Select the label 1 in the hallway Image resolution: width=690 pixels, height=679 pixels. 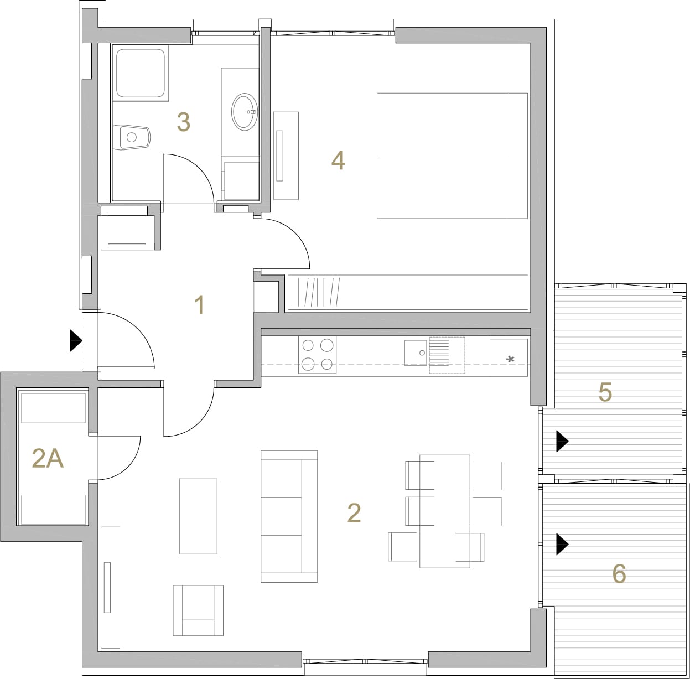200,305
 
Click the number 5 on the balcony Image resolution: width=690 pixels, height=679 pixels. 605,392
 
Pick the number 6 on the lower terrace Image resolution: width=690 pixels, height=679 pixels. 619,574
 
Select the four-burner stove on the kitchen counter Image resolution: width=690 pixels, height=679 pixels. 317,355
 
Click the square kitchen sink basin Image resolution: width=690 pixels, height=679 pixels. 416,353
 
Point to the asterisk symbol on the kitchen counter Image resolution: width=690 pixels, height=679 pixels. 511,359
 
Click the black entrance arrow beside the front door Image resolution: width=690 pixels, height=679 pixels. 76,340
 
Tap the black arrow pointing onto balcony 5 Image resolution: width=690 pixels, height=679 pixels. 562,441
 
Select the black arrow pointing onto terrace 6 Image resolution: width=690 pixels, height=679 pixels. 562,545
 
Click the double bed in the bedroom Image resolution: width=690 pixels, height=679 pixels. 452,156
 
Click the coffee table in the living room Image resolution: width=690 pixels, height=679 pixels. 198,516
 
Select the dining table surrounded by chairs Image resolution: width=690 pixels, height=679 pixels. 444,511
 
